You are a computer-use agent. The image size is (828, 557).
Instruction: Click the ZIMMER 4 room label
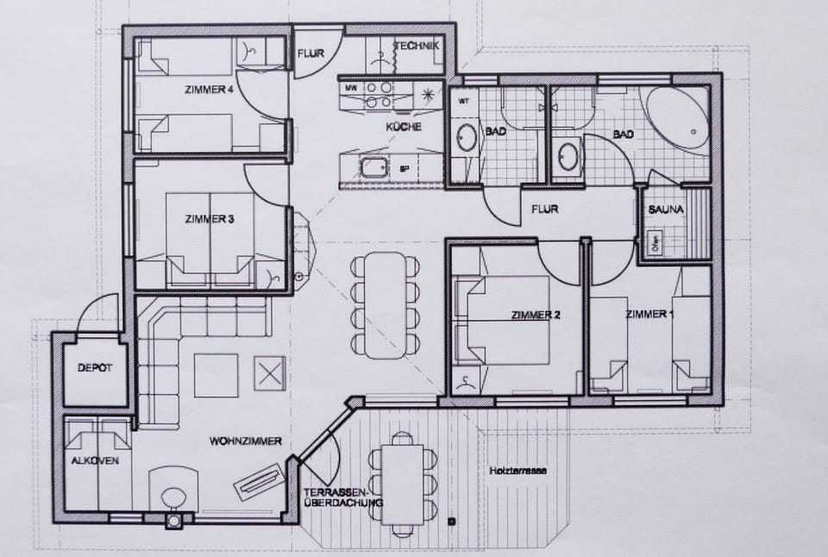209,90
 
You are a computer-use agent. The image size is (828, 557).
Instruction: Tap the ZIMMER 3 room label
210,219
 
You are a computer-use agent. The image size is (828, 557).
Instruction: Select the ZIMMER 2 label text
536,315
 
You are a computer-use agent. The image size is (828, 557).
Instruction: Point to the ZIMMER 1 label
649,314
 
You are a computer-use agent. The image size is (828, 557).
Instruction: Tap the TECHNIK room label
417,46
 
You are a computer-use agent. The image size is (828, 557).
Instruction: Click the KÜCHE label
404,127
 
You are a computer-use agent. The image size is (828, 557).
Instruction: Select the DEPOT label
95,368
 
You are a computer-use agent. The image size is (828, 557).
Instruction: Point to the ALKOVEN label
95,461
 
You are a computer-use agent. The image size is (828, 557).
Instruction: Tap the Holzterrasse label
517,471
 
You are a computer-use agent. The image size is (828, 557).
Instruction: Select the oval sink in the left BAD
467,139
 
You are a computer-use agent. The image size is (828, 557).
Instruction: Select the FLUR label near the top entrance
310,53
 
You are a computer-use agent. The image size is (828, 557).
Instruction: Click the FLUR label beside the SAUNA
544,209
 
